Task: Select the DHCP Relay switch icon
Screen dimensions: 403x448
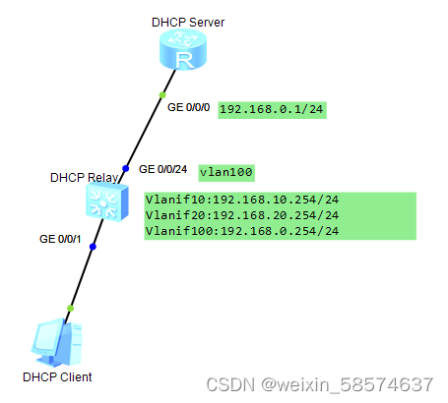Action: (100, 203)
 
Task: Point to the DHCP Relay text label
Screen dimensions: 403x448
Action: (84, 178)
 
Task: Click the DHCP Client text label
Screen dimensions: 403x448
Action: (56, 376)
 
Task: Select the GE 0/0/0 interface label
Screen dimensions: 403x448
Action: (189, 105)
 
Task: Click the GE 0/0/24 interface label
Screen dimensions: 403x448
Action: (164, 168)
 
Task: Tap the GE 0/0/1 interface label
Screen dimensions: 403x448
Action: (59, 238)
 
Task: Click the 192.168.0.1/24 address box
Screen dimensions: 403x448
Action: (272, 110)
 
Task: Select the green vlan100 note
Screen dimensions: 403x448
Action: (226, 172)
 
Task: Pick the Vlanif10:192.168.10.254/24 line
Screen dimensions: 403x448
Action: (242, 200)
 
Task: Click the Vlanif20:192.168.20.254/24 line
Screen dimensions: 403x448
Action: (242, 215)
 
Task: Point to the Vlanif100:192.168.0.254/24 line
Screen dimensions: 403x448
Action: (242, 231)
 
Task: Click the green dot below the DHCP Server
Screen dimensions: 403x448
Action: (161, 95)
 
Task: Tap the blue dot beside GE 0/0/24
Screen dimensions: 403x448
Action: (126, 168)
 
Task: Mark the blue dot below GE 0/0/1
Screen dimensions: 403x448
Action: (93, 247)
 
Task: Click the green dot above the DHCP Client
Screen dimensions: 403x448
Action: (70, 309)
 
